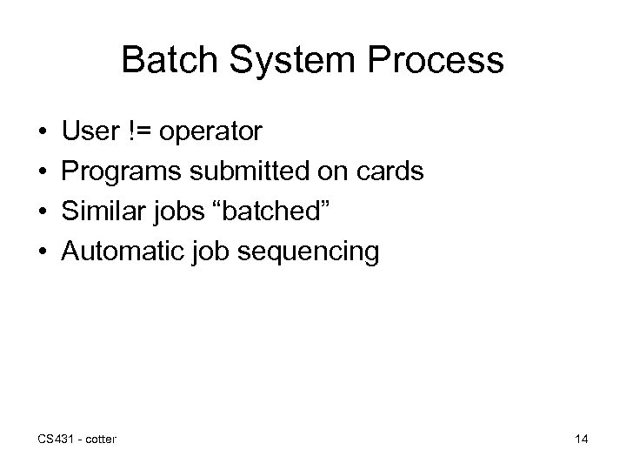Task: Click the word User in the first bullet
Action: click(91, 132)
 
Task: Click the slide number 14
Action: click(581, 440)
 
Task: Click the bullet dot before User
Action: click(43, 133)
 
